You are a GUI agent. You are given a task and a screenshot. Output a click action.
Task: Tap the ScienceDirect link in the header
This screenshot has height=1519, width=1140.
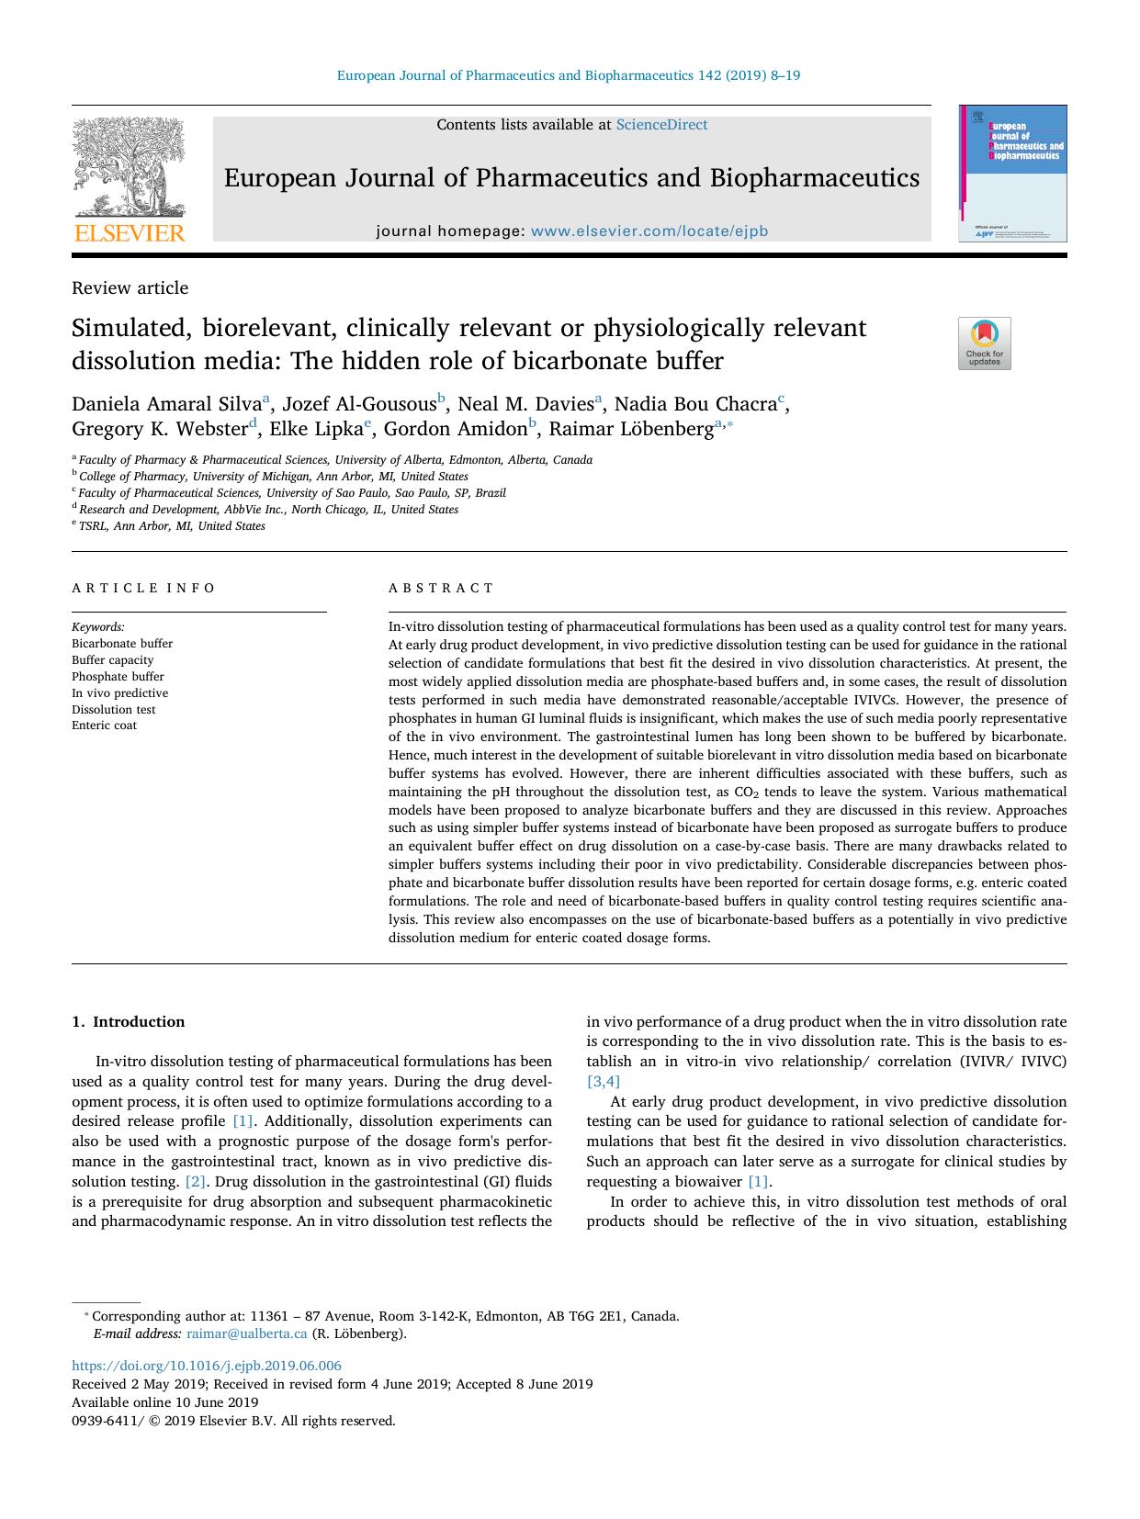click(x=661, y=125)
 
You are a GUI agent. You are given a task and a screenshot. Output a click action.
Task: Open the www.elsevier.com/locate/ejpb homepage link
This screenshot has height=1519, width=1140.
click(x=649, y=231)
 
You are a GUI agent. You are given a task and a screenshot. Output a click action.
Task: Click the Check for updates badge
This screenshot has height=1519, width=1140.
click(x=984, y=343)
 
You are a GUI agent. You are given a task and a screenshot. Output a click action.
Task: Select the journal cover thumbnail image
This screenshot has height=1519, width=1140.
click(x=1013, y=174)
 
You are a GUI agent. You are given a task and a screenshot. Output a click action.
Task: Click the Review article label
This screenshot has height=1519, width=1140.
click(x=130, y=288)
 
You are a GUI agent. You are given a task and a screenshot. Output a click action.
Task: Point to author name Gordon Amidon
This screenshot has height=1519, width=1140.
click(x=455, y=429)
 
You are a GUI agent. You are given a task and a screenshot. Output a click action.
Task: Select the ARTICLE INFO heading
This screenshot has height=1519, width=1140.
click(x=144, y=588)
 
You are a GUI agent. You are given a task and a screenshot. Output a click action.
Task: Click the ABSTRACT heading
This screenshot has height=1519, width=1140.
click(x=441, y=588)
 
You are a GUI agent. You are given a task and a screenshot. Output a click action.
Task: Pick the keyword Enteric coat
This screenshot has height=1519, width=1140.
click(x=104, y=726)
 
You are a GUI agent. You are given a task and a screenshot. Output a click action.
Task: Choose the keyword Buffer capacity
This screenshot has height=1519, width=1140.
click(x=113, y=660)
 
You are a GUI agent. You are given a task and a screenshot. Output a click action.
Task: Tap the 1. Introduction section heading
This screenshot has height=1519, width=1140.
click(x=128, y=1022)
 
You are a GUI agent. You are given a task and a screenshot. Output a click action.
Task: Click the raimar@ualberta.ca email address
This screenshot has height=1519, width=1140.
click(x=246, y=1333)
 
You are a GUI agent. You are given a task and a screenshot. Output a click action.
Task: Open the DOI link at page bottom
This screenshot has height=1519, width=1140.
click(x=207, y=1366)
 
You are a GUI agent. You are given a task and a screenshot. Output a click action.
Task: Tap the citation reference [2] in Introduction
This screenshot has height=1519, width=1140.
click(x=196, y=1182)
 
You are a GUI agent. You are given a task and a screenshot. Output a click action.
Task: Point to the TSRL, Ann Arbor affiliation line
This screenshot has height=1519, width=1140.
click(x=172, y=526)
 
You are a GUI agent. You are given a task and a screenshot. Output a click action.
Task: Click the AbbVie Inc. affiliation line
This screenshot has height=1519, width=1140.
click(x=268, y=510)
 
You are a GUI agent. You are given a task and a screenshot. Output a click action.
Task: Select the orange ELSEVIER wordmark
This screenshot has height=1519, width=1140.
click(x=129, y=233)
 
